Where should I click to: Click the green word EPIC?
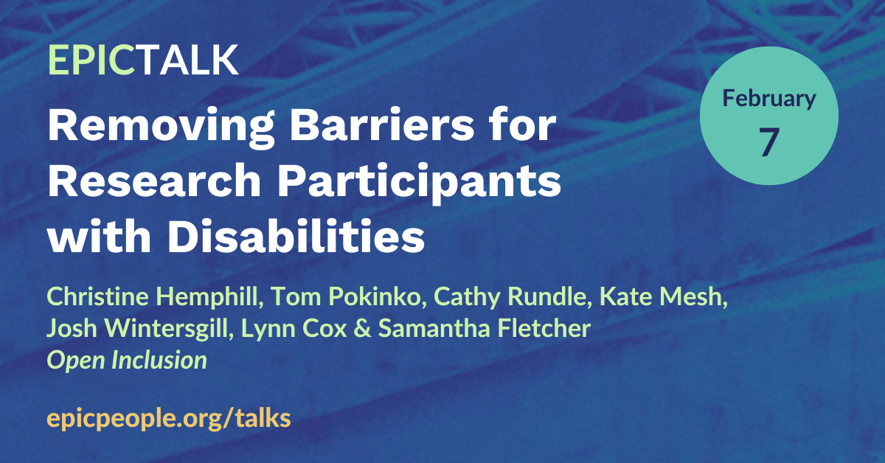tap(91, 60)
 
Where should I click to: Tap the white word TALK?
tap(187, 60)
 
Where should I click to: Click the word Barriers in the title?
tap(382, 125)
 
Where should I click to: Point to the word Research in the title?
tap(154, 180)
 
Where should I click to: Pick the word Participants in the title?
tap(419, 184)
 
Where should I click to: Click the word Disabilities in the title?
tap(296, 235)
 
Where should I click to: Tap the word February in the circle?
tap(768, 99)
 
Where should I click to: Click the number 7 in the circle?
tap(768, 142)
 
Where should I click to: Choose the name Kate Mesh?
tap(663, 296)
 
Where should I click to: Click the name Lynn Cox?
tap(294, 329)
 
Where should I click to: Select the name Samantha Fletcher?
tap(485, 328)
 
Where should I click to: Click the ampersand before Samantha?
tap(363, 329)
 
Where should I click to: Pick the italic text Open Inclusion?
tap(127, 361)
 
